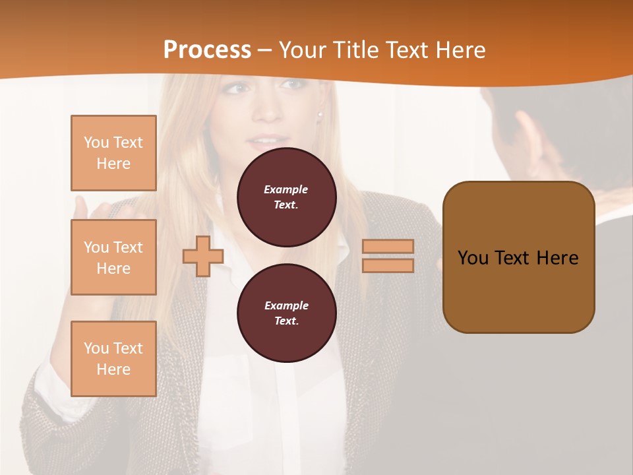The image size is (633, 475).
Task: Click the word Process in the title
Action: [207, 49]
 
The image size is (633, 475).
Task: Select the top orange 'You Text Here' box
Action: [113, 153]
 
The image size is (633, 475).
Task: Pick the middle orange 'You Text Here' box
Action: [113, 257]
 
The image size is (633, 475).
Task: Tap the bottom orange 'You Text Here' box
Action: [113, 358]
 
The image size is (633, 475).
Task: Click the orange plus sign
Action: [202, 256]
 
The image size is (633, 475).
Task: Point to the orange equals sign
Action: [388, 256]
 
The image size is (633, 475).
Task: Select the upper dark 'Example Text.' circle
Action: [286, 197]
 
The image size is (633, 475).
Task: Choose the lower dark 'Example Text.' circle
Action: [286, 313]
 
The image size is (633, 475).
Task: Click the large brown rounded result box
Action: [518, 257]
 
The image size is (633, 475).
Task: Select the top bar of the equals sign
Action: [388, 247]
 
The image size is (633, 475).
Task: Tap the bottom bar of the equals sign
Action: [388, 265]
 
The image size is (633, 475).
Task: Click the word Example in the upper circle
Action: [286, 189]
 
